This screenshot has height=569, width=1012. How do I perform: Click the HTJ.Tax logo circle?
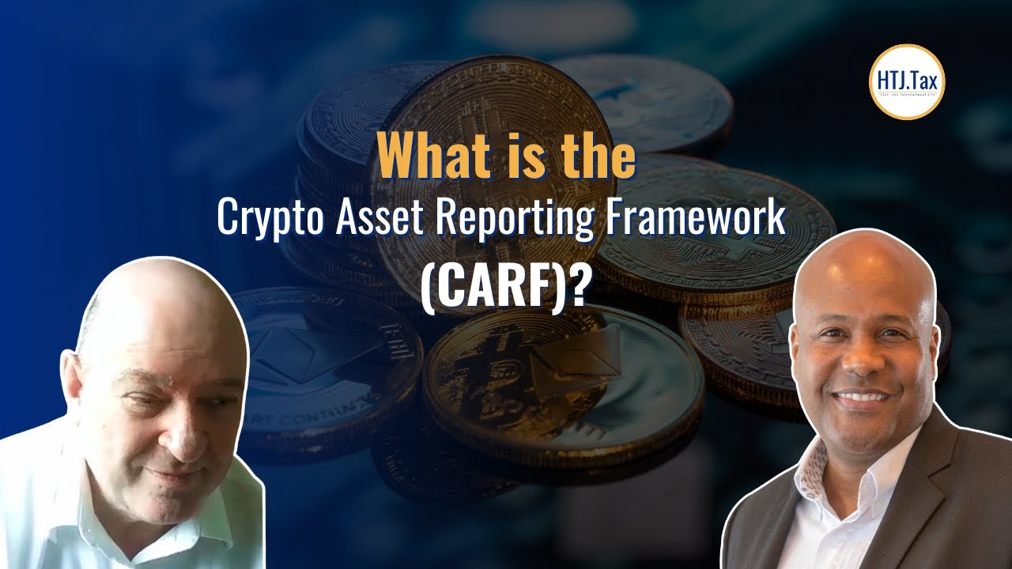coord(907,81)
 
